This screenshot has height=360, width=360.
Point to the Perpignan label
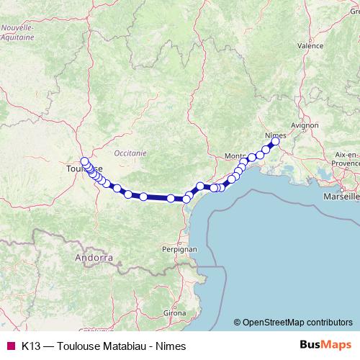(x=179, y=249)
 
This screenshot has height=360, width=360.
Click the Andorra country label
(x=94, y=257)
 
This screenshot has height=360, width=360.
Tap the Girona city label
(x=175, y=314)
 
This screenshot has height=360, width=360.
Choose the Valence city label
(x=310, y=45)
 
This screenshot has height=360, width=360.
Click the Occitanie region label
(x=130, y=153)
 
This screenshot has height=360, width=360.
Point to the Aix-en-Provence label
(x=346, y=158)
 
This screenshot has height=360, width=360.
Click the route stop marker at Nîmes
(x=275, y=142)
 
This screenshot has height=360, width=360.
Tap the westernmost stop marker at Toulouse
(x=84, y=161)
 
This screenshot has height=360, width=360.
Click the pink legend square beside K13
(x=10, y=346)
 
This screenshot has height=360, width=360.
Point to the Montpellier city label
(x=235, y=156)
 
